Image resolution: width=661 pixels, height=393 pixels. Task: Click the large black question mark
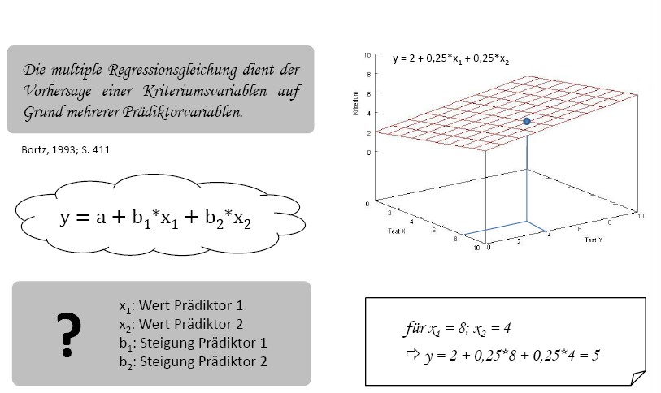[x=69, y=335]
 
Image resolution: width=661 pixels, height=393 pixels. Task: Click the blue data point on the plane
[x=527, y=121]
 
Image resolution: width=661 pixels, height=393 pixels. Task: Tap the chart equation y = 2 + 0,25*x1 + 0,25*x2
[x=450, y=58]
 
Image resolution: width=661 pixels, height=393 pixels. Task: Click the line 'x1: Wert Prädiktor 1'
[x=180, y=306]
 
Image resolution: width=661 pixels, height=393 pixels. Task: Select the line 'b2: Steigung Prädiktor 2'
[x=192, y=361]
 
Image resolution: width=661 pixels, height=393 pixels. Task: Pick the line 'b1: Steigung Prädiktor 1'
[x=192, y=343]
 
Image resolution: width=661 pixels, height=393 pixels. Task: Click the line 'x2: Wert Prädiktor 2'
[x=180, y=324]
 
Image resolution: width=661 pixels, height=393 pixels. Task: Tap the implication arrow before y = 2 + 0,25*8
[x=411, y=355]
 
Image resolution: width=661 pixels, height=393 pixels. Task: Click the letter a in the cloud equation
[x=100, y=218]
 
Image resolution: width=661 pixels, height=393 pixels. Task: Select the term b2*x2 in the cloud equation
[x=224, y=219]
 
